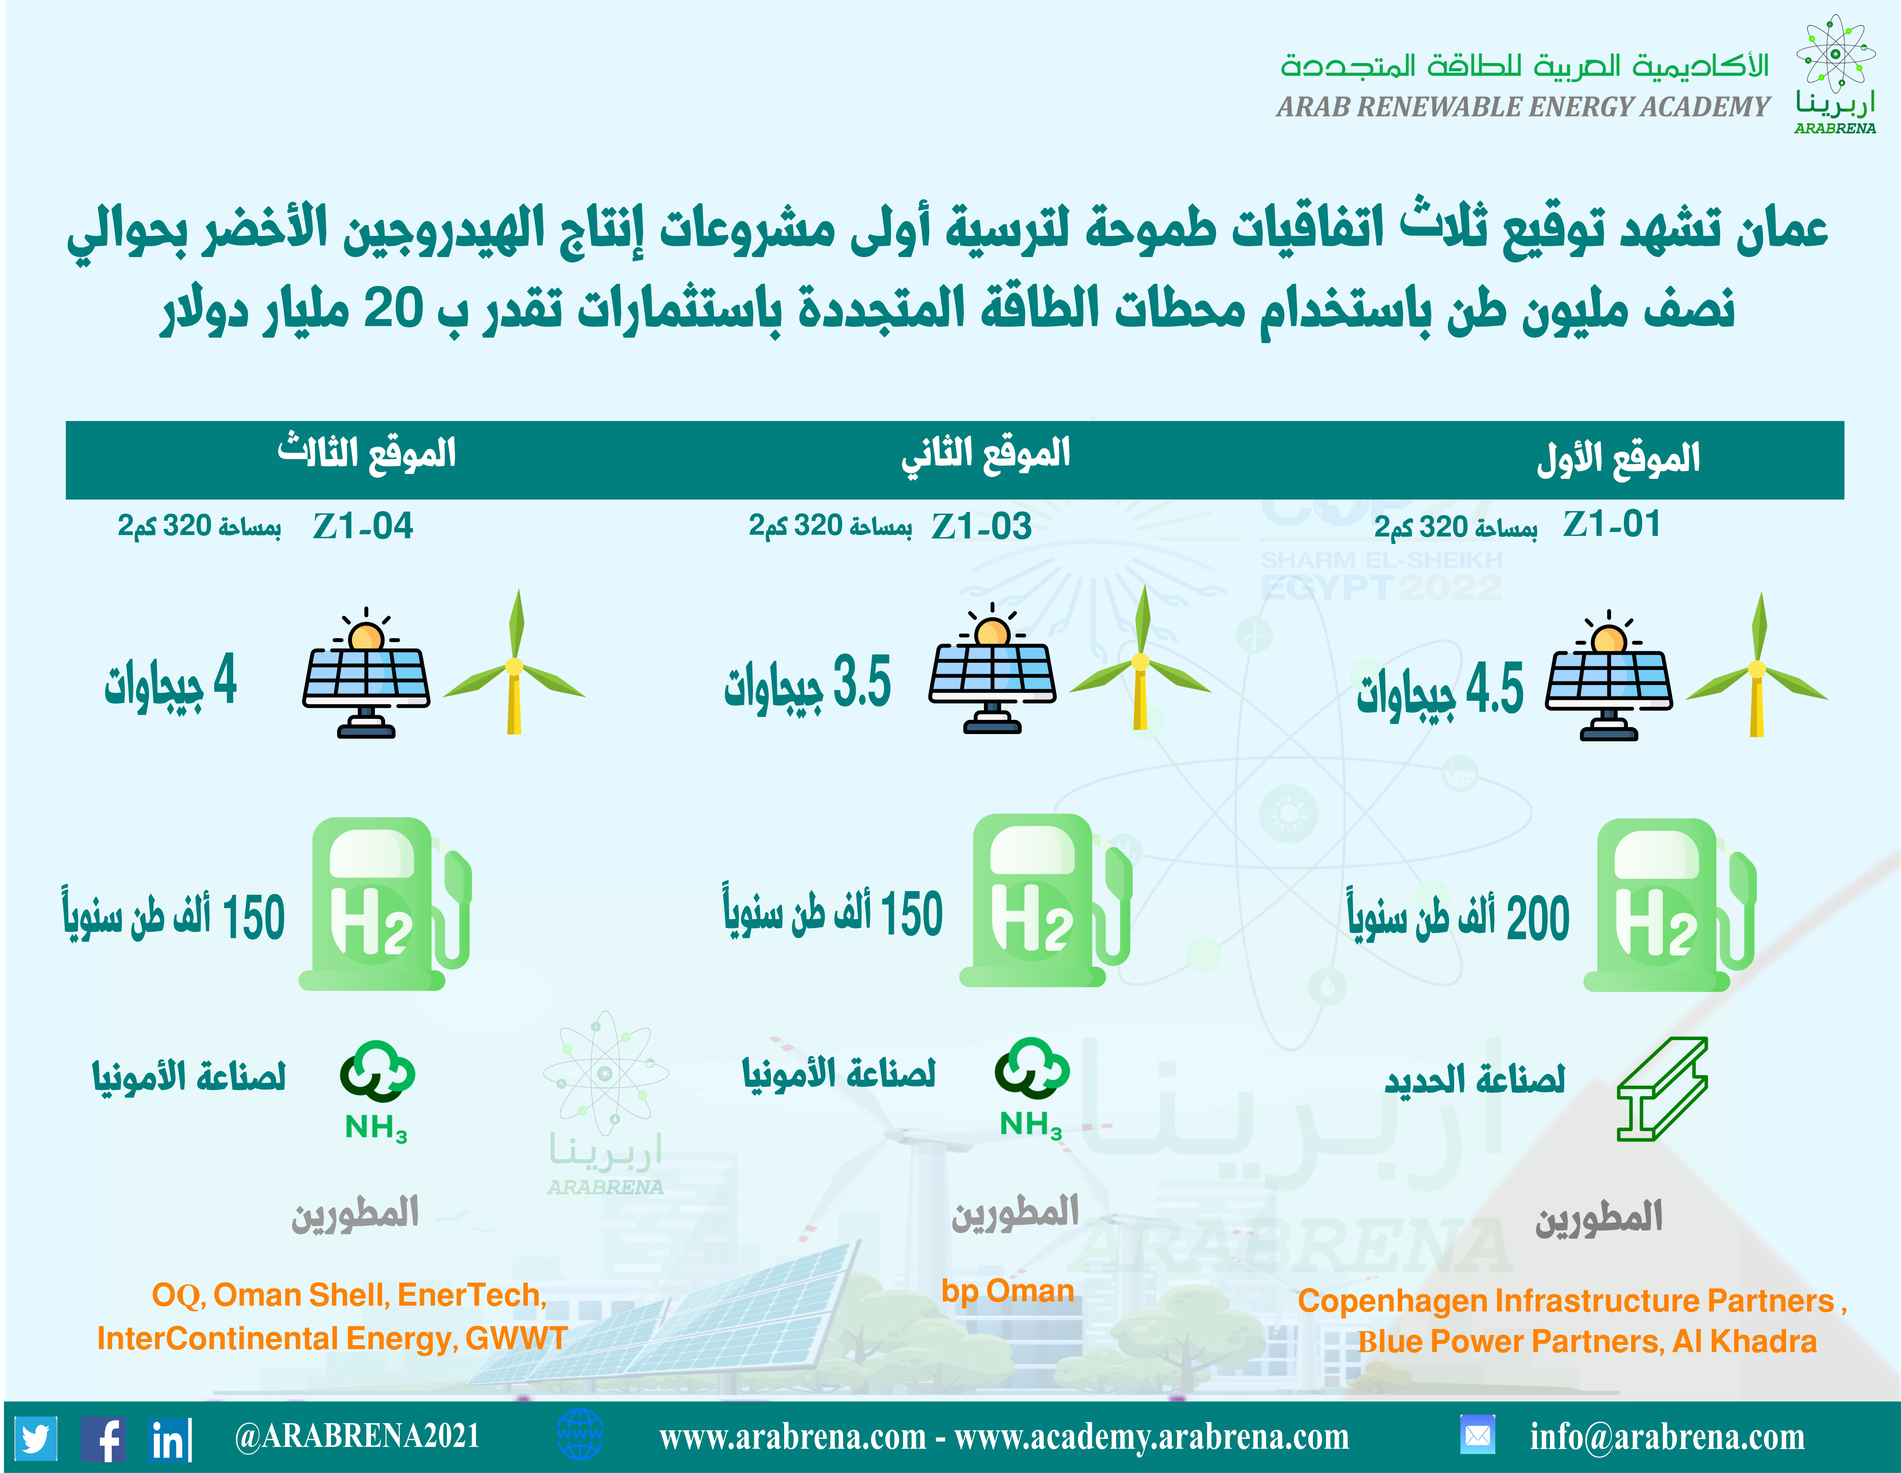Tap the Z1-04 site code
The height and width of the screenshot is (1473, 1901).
point(363,526)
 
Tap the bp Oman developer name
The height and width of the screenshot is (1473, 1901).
point(1008,1290)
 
